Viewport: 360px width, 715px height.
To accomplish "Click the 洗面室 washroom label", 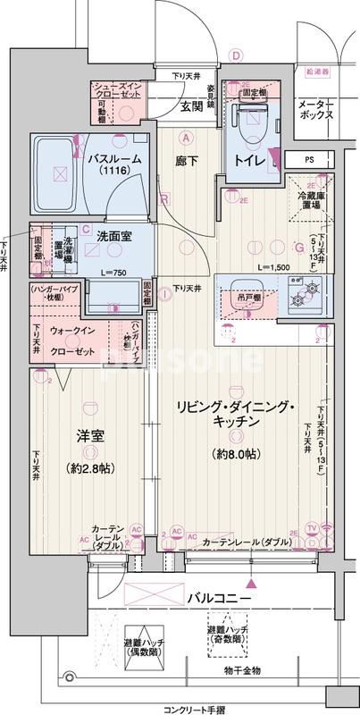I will [113, 237].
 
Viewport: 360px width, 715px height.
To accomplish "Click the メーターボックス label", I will [315, 110].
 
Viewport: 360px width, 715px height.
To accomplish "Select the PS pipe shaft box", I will [309, 160].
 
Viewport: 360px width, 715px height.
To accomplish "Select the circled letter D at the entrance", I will [237, 55].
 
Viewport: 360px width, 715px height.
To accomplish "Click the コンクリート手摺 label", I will [180, 706].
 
